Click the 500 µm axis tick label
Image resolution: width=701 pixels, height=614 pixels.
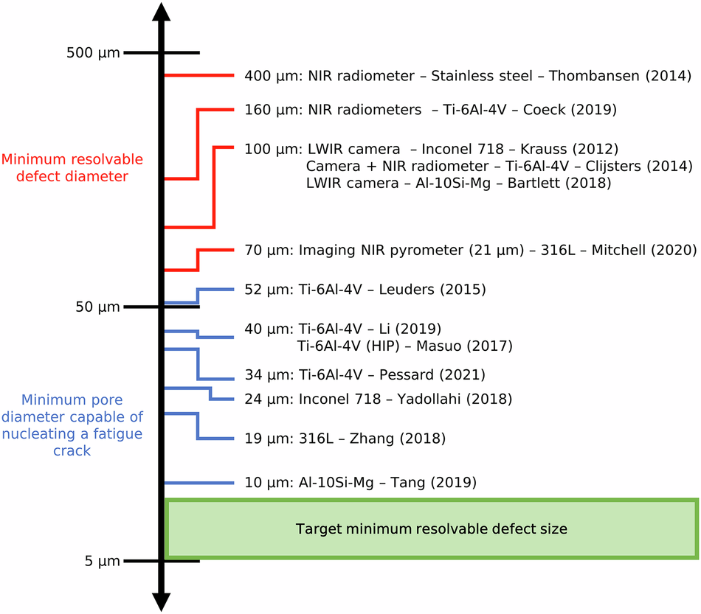point(92,53)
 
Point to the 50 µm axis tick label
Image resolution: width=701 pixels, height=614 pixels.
point(97,307)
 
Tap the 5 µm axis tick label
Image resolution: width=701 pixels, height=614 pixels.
point(101,561)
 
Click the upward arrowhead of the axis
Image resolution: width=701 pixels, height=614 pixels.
point(162,13)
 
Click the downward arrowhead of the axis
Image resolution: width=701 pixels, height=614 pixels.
point(162,600)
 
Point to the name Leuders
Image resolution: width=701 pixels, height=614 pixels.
point(407,290)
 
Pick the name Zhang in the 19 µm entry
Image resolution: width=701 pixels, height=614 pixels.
point(374,439)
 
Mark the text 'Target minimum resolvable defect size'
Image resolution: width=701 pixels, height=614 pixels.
point(432,528)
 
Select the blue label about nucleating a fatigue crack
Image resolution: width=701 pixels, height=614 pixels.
point(72,425)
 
